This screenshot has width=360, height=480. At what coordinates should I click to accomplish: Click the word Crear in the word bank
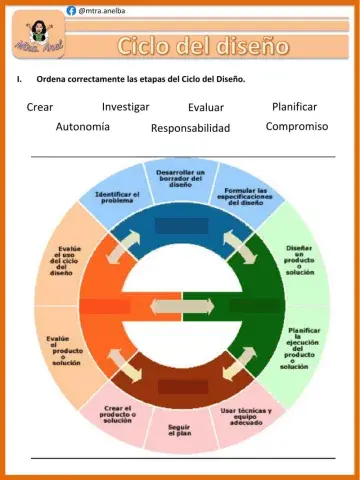41,107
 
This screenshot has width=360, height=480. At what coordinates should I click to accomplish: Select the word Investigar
126,106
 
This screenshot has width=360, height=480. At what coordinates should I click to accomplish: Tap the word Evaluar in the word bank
206,108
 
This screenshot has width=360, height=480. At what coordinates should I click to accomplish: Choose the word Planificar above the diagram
294,106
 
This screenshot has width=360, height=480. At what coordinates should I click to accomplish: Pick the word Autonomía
83,127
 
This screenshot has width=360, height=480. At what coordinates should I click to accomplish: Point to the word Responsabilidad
190,128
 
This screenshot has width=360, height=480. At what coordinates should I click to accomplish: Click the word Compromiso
297,127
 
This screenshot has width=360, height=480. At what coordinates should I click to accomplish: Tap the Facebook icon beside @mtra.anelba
71,9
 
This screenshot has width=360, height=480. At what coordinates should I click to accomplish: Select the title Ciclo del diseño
203,46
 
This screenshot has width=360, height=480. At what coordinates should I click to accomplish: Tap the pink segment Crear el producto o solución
117,413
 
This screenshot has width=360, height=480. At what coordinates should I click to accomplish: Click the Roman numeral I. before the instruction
18,78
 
